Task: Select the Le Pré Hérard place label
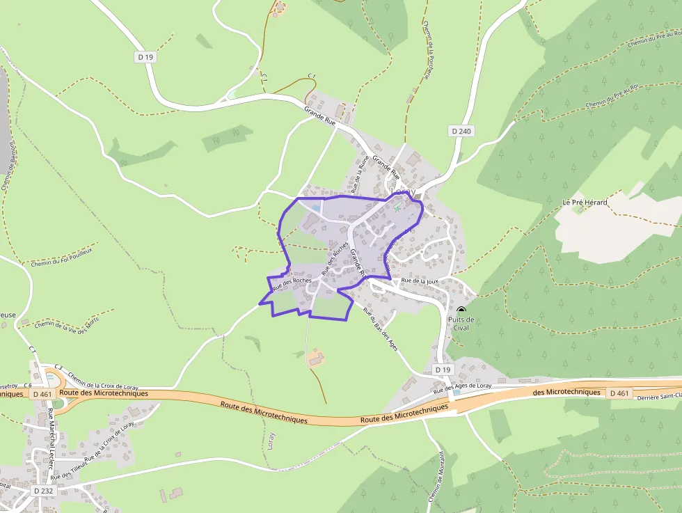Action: pyautogui.click(x=585, y=203)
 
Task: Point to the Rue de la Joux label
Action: pyautogui.click(x=416, y=281)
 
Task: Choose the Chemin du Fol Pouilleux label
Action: pyautogui.click(x=61, y=255)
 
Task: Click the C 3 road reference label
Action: pyautogui.click(x=58, y=368)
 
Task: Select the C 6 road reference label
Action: pyautogui.click(x=28, y=385)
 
